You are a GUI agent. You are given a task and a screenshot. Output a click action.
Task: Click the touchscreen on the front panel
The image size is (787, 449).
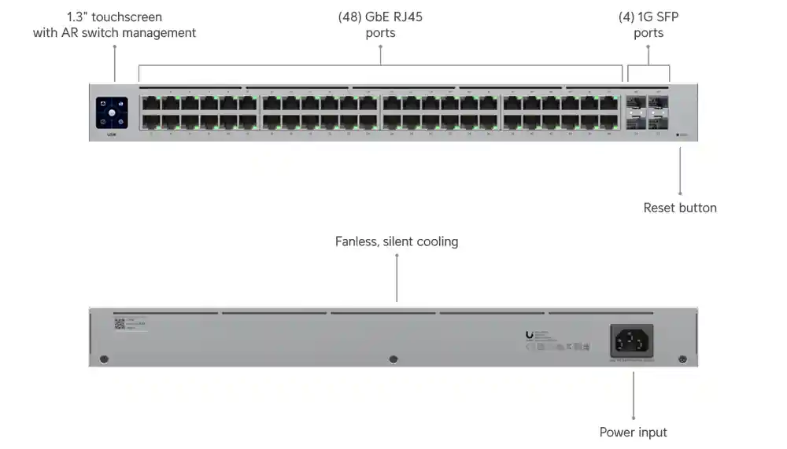point(112,112)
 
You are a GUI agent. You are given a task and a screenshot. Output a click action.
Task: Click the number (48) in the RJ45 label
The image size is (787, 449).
point(349,17)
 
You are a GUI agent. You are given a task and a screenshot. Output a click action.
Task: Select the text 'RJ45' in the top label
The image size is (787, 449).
point(408,17)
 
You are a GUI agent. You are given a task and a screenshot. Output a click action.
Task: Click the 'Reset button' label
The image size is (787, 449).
point(680,208)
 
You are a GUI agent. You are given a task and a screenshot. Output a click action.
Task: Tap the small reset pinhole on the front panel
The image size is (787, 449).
point(678,135)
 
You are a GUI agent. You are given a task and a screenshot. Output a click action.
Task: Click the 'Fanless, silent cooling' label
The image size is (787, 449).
point(397,241)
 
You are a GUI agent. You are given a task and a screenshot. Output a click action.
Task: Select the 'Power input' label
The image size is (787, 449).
point(633,432)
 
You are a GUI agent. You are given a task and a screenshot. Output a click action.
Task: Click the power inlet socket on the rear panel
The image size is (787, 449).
point(632,340)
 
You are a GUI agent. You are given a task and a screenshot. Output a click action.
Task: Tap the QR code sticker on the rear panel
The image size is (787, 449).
point(120,323)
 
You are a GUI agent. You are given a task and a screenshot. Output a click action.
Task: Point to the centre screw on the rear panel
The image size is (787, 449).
point(393,359)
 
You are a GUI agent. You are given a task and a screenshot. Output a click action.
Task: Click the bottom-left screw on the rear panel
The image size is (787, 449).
point(103,359)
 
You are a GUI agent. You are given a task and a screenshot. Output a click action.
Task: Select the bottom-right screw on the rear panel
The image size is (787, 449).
point(682,359)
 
